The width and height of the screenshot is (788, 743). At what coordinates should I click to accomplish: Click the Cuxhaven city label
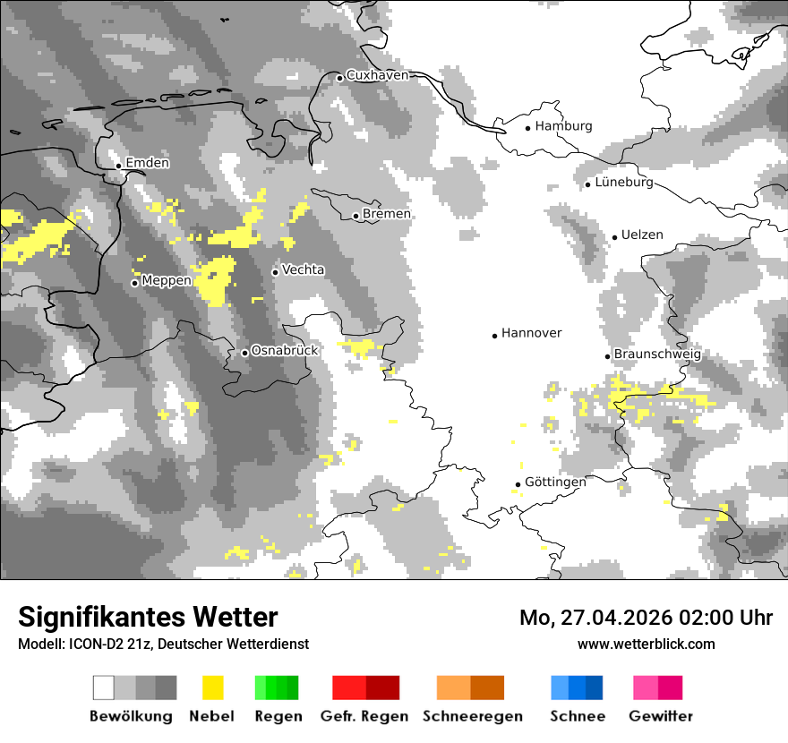377,75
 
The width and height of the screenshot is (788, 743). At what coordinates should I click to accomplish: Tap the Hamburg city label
563,126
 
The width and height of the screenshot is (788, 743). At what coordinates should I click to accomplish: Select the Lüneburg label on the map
624,183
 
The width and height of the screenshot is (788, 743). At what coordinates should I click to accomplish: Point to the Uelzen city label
642,235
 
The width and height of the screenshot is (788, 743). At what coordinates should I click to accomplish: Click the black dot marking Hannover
494,336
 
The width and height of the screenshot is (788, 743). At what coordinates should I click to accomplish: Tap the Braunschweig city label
657,354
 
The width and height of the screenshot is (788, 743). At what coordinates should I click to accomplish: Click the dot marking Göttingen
518,484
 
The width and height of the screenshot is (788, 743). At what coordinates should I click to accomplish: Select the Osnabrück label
285,351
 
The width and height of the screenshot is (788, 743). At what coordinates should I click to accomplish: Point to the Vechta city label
304,269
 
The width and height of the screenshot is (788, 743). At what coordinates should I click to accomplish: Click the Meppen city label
167,281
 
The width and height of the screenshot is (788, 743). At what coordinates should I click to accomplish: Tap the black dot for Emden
118,166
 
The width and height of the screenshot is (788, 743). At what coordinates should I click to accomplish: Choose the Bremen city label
387,214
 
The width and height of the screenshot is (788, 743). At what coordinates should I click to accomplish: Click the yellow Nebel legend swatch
212,687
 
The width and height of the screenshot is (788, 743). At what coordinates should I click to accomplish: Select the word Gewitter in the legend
661,716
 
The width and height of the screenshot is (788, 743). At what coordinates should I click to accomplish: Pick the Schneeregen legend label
473,716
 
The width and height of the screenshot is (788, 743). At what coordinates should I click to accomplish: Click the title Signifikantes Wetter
148,617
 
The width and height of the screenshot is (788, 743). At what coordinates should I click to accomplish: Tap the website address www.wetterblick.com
646,644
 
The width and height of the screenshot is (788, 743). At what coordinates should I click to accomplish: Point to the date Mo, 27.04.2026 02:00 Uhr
646,618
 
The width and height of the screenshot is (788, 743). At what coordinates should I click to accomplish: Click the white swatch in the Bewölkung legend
104,687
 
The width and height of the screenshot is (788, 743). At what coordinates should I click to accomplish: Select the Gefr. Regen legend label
364,716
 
